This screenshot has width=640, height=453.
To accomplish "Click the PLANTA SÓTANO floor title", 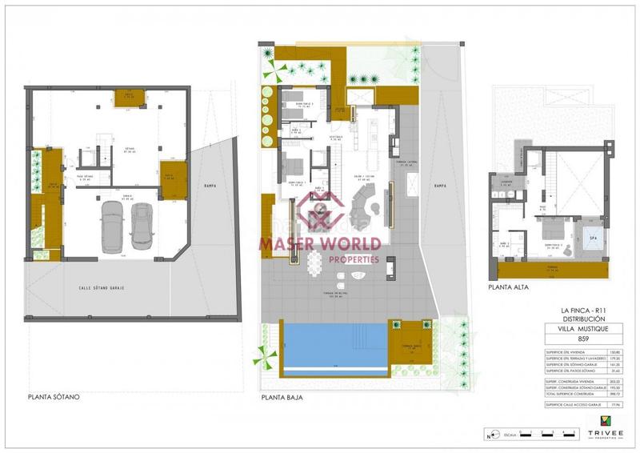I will pyautogui.click(x=54, y=396).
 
